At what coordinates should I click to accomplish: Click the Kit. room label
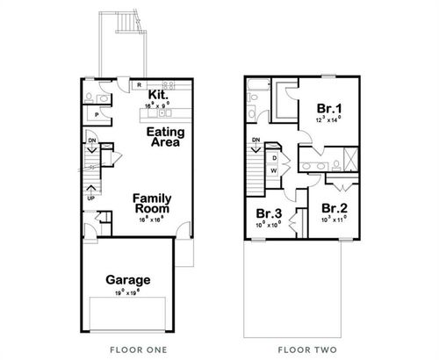point(158,94)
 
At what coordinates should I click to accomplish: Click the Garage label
point(128,280)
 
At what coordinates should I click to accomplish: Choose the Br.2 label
point(334,209)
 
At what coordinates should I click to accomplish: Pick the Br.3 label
point(269,213)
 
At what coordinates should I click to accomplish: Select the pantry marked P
point(96,113)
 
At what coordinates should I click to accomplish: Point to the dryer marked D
point(273,157)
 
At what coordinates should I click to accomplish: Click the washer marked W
point(273,169)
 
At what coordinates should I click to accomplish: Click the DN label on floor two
point(255,140)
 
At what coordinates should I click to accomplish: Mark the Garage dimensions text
point(128,293)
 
